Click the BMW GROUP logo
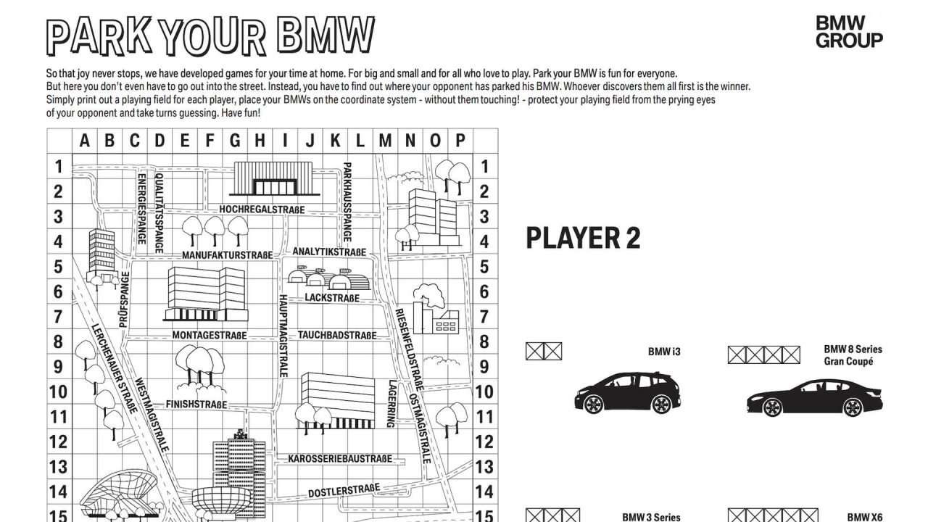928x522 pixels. click(849, 32)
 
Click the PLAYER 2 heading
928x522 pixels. click(583, 238)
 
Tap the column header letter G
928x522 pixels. click(235, 141)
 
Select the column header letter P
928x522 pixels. click(460, 141)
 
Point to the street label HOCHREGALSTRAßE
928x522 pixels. click(262, 210)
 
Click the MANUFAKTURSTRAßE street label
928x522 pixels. click(227, 255)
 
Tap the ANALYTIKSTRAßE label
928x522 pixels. click(329, 252)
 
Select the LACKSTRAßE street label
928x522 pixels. click(332, 298)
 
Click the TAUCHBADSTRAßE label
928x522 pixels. click(337, 336)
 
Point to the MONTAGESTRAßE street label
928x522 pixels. click(209, 336)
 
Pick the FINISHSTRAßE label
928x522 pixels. click(196, 404)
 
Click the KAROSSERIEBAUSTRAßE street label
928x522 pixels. click(340, 459)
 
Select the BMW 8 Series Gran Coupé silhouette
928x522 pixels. click(814, 398)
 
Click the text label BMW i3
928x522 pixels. click(664, 352)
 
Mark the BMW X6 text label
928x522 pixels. click(865, 517)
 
